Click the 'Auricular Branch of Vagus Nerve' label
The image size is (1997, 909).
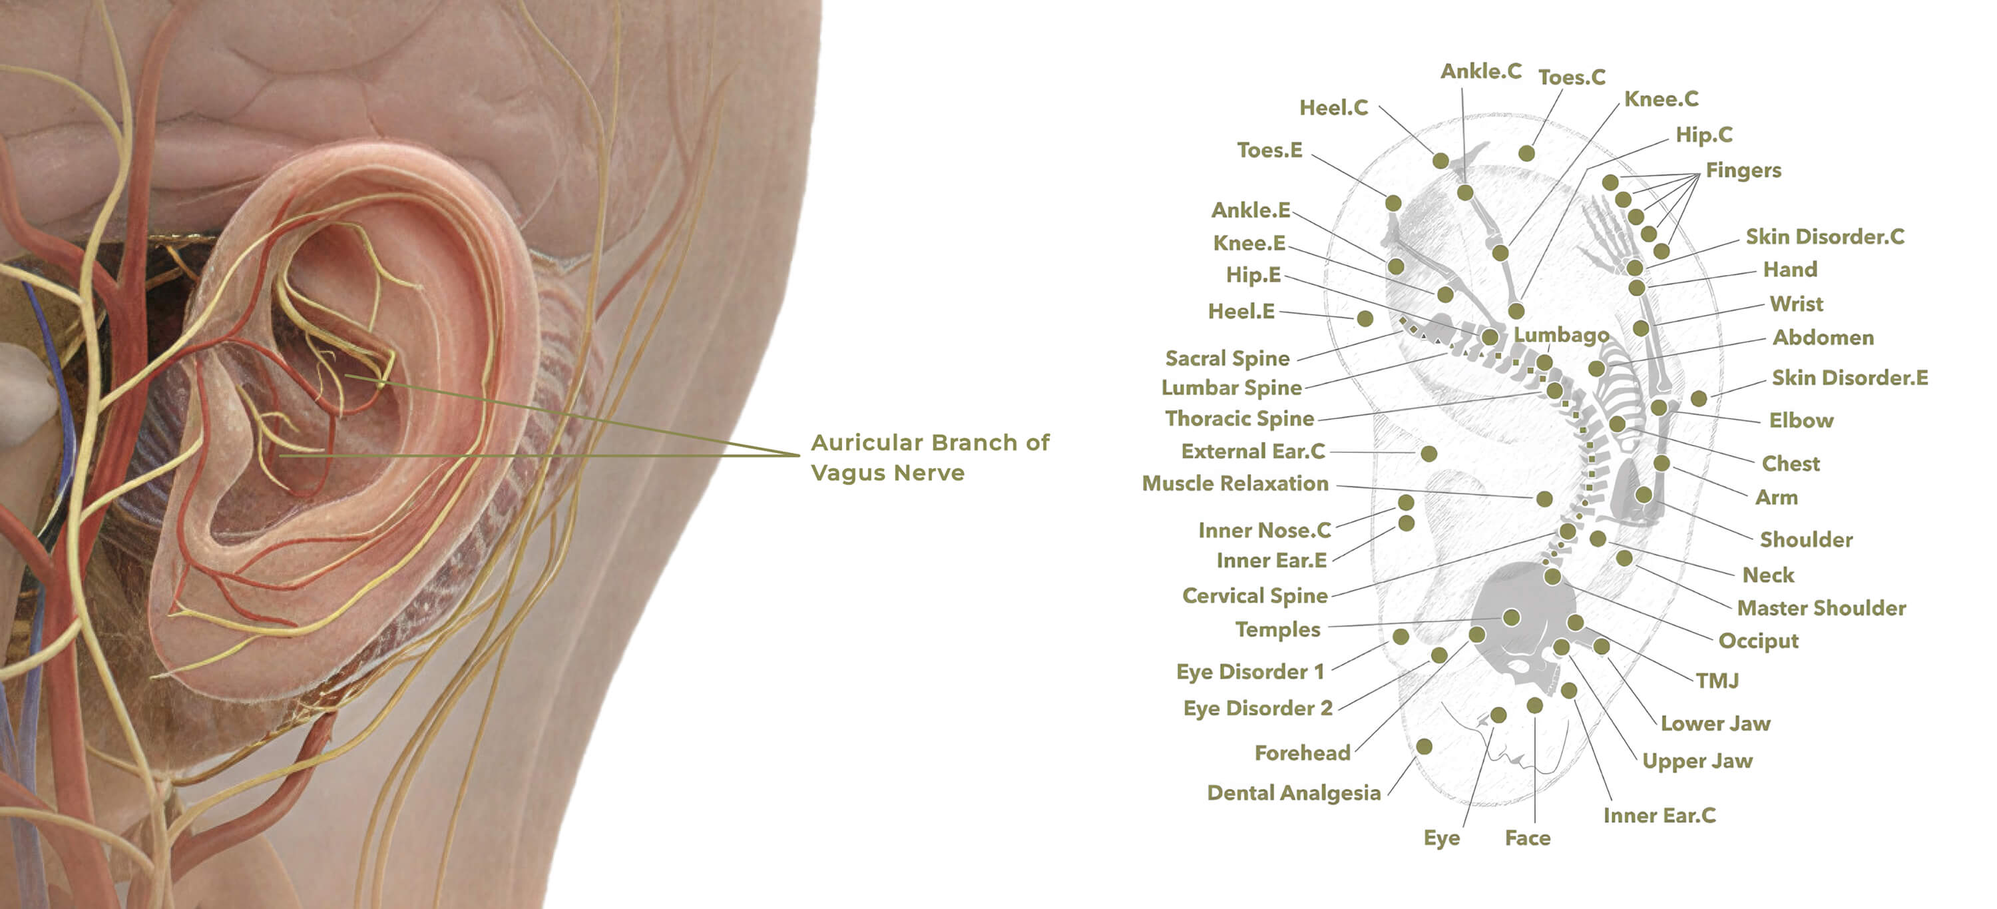click(929, 457)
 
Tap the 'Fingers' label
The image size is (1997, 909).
click(1743, 170)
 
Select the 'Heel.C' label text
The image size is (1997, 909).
click(1333, 108)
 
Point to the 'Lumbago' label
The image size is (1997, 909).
click(1560, 335)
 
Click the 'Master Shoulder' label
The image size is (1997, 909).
click(1820, 608)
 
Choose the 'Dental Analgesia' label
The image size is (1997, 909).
click(1293, 792)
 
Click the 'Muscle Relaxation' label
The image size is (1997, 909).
click(1235, 484)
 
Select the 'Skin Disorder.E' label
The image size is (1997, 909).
click(1849, 378)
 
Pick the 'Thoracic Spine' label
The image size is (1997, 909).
click(1239, 419)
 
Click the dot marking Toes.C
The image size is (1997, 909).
click(1526, 154)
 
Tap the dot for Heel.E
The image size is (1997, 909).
click(1365, 319)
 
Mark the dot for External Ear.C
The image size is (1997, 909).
click(1429, 454)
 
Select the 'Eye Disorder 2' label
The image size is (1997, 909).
click(1257, 708)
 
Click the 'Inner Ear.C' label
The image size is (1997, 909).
click(1659, 815)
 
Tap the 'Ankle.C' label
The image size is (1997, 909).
click(1480, 71)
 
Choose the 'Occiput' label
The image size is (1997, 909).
click(1757, 641)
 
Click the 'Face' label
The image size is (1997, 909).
click(1527, 838)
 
